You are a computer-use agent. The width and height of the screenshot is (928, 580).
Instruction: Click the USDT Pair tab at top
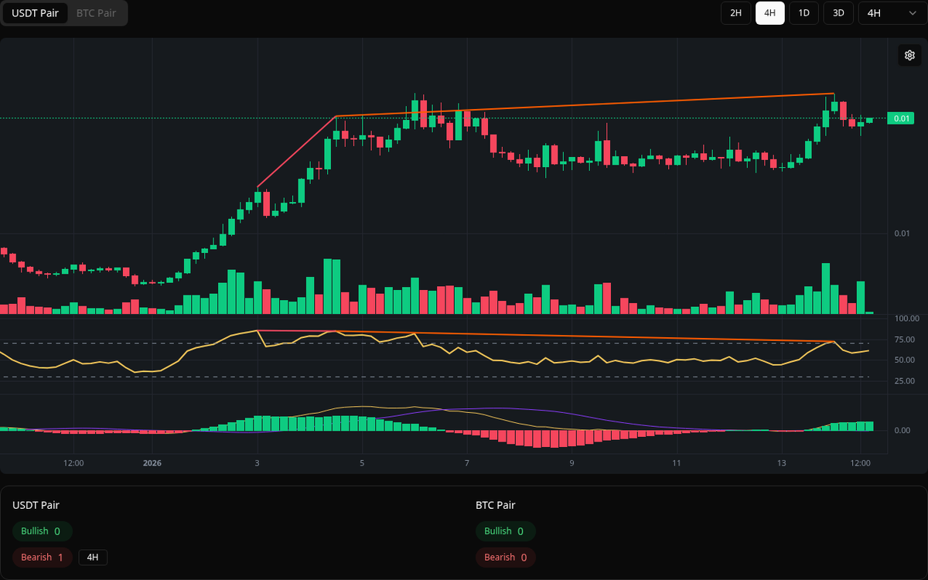tap(35, 13)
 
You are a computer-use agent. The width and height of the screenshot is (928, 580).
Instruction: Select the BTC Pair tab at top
tap(96, 13)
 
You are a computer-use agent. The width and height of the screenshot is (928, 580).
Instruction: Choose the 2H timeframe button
tap(735, 13)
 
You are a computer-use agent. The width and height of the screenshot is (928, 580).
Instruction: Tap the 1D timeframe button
tap(803, 13)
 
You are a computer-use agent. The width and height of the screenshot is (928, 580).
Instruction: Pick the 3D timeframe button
tap(838, 13)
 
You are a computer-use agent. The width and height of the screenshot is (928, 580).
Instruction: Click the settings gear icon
tap(909, 55)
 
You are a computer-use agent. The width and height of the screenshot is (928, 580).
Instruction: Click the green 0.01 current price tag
tap(901, 118)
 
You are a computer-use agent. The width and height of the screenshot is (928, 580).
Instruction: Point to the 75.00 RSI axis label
tap(883, 339)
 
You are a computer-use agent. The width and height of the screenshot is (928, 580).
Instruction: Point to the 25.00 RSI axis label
tap(883, 381)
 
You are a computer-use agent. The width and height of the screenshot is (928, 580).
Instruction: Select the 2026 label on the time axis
tap(152, 463)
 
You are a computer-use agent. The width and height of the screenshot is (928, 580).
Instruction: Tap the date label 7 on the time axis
tap(467, 463)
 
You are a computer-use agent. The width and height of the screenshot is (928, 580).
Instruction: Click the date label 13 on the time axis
tap(782, 463)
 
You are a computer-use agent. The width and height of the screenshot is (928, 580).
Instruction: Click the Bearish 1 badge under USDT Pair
tap(43, 557)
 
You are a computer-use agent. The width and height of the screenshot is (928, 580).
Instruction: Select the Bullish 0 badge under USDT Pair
tap(42, 531)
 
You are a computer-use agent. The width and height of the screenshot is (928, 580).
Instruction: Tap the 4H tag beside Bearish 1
tap(93, 557)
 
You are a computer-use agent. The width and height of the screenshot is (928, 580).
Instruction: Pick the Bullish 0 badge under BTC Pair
tap(505, 531)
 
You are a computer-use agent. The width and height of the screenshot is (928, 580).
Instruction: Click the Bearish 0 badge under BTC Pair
tap(505, 557)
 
